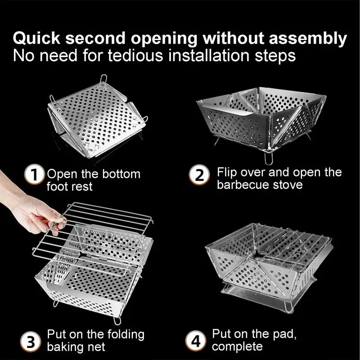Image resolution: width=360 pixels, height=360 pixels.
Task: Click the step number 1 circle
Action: tap(36, 175)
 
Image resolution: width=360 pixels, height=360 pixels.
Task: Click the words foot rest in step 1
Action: tap(69, 186)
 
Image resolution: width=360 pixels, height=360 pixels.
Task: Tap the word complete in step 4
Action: tap(237, 346)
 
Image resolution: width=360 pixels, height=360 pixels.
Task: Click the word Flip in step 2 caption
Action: tap(225, 172)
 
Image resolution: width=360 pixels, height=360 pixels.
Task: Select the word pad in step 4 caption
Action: tap(283, 334)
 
